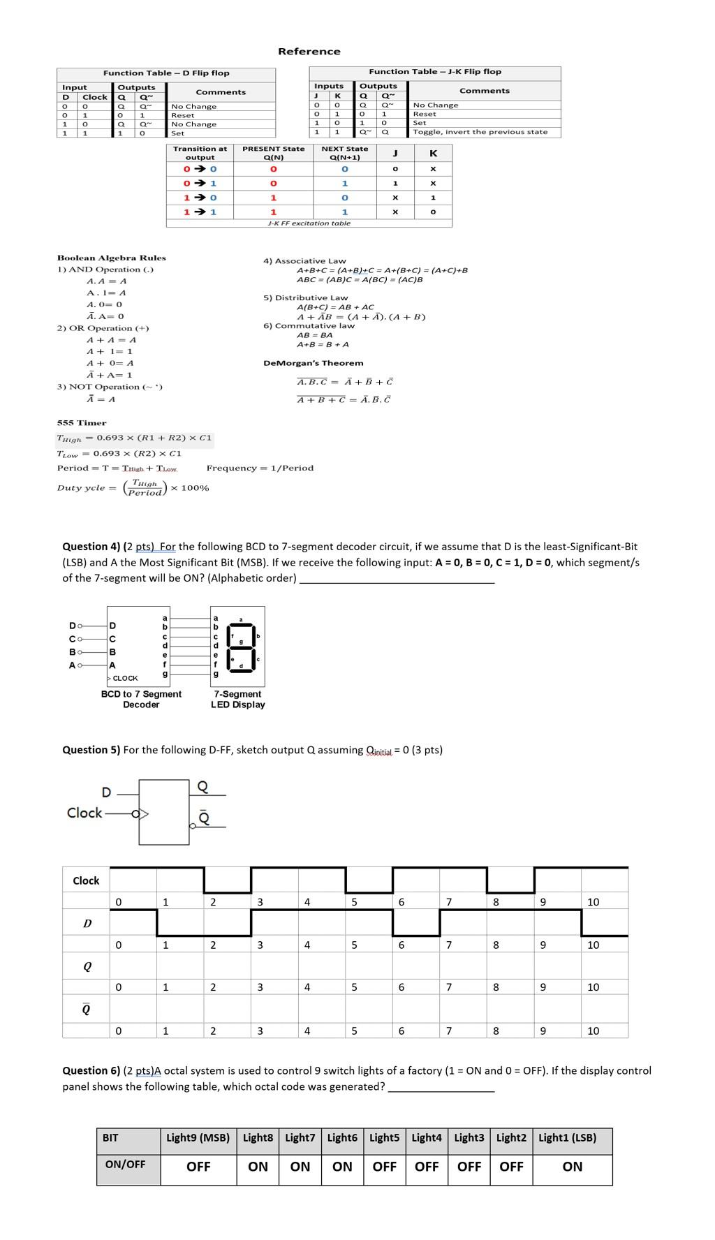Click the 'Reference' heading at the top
[309, 52]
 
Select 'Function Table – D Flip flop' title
[166, 73]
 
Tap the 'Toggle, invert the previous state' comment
[480, 132]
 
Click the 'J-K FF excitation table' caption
[309, 223]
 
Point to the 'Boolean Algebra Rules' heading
[111, 258]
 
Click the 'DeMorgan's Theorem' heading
[313, 363]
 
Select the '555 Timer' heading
[82, 423]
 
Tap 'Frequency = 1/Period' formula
[260, 468]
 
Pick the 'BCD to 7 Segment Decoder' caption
[141, 699]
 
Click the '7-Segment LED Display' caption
[237, 699]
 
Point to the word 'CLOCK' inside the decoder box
[125, 678]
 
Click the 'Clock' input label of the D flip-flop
[84, 813]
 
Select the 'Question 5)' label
[91, 750]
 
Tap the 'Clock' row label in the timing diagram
[86, 880]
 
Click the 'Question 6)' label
[91, 1070]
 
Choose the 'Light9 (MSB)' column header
[198, 1137]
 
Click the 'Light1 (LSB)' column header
[567, 1137]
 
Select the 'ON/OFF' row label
[125, 1164]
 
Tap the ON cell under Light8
[258, 1166]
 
